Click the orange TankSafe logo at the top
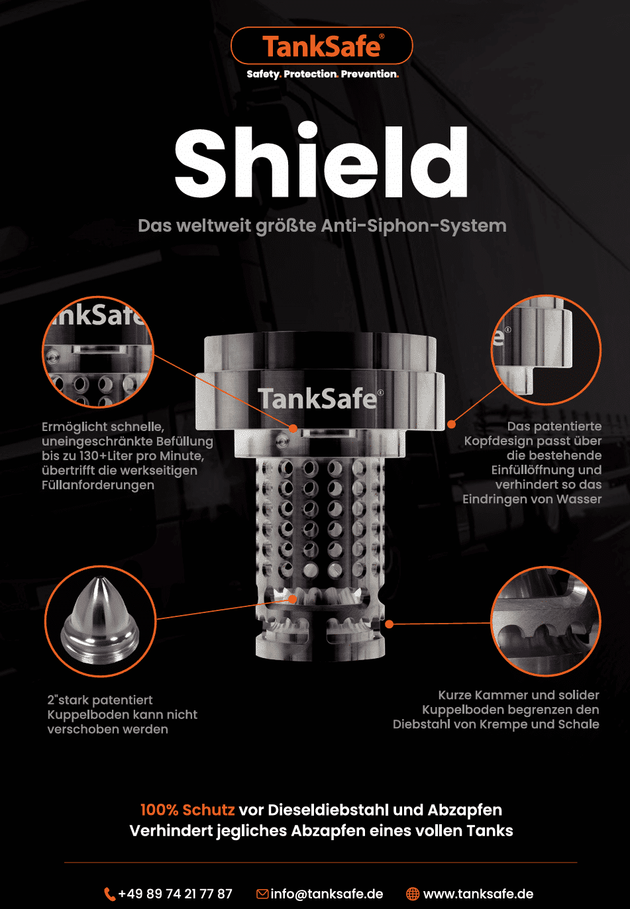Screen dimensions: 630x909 [321, 46]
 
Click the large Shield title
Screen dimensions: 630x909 [321, 162]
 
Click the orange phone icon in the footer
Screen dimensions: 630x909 [109, 894]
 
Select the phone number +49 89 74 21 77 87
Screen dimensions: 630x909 [176, 894]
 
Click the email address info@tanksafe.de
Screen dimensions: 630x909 [327, 894]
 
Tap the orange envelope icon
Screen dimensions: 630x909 [262, 894]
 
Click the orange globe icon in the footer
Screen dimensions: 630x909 [413, 894]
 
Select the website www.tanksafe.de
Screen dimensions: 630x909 [478, 894]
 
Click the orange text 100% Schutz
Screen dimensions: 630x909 [187, 810]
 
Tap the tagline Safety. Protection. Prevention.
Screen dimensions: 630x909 [323, 74]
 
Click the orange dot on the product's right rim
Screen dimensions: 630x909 [451, 424]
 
